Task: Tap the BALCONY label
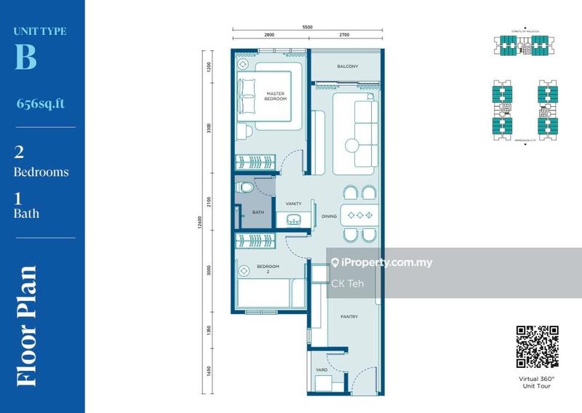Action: pyautogui.click(x=347, y=67)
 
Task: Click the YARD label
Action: pyautogui.click(x=321, y=370)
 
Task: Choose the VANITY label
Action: pyautogui.click(x=294, y=204)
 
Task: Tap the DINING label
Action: pyautogui.click(x=329, y=216)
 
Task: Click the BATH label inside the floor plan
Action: pyautogui.click(x=258, y=213)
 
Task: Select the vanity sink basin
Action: pyautogui.click(x=293, y=220)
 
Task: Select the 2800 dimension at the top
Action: pyautogui.click(x=269, y=34)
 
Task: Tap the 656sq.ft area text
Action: pyautogui.click(x=40, y=103)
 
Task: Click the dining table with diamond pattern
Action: pyautogui.click(x=356, y=215)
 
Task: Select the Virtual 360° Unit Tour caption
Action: pyautogui.click(x=537, y=382)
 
